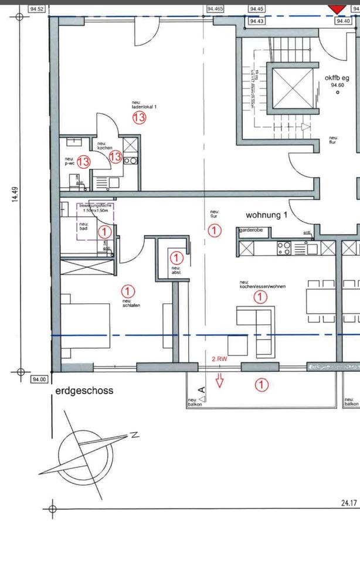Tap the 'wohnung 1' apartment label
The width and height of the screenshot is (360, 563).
point(262,215)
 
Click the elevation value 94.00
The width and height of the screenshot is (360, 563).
point(39,379)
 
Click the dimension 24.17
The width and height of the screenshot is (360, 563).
point(349,503)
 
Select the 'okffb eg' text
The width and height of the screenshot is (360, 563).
point(337,77)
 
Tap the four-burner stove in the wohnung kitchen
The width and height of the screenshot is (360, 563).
point(284,248)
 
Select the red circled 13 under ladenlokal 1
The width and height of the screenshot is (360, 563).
point(139,118)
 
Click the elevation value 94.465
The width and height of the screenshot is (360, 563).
point(215,9)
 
